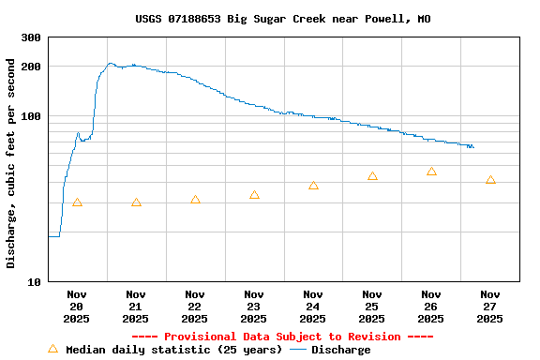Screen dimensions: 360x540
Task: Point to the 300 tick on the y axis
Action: point(31,37)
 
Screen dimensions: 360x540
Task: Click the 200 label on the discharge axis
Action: point(31,67)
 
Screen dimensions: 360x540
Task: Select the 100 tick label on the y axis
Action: point(31,116)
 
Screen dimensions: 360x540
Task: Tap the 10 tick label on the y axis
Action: point(35,282)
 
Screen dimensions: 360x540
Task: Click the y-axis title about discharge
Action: point(11,163)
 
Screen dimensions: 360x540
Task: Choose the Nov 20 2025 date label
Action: point(77,306)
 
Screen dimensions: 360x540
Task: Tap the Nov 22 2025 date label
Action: point(195,306)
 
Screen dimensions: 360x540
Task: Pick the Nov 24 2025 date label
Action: point(313,306)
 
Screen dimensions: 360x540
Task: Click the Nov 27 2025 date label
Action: point(489,306)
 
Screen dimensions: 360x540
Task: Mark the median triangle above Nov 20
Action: point(77,202)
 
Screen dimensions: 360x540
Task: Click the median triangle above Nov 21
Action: point(136,202)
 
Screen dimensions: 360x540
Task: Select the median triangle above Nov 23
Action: point(254,195)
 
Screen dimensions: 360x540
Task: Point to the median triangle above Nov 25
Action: point(372,176)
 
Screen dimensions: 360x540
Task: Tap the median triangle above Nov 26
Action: point(431,172)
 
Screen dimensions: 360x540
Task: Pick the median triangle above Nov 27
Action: point(490,179)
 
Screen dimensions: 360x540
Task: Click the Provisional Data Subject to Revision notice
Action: point(282,337)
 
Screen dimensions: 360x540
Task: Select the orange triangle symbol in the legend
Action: point(52,349)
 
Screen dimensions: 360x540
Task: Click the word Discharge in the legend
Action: point(340,350)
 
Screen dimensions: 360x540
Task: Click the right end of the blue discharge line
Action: point(473,147)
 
